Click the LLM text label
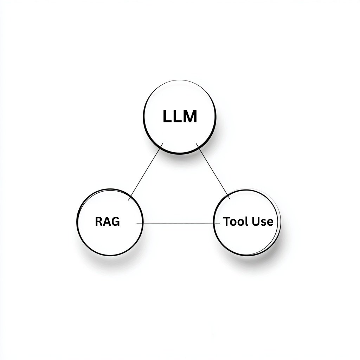(x=180, y=117)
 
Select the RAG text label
(x=108, y=222)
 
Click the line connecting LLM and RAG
(x=146, y=172)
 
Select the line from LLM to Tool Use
(x=213, y=171)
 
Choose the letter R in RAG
(x=99, y=222)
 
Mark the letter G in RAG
(x=116, y=222)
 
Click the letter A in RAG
(x=107, y=222)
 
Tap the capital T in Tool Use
(x=227, y=222)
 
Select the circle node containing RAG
(x=110, y=239)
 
